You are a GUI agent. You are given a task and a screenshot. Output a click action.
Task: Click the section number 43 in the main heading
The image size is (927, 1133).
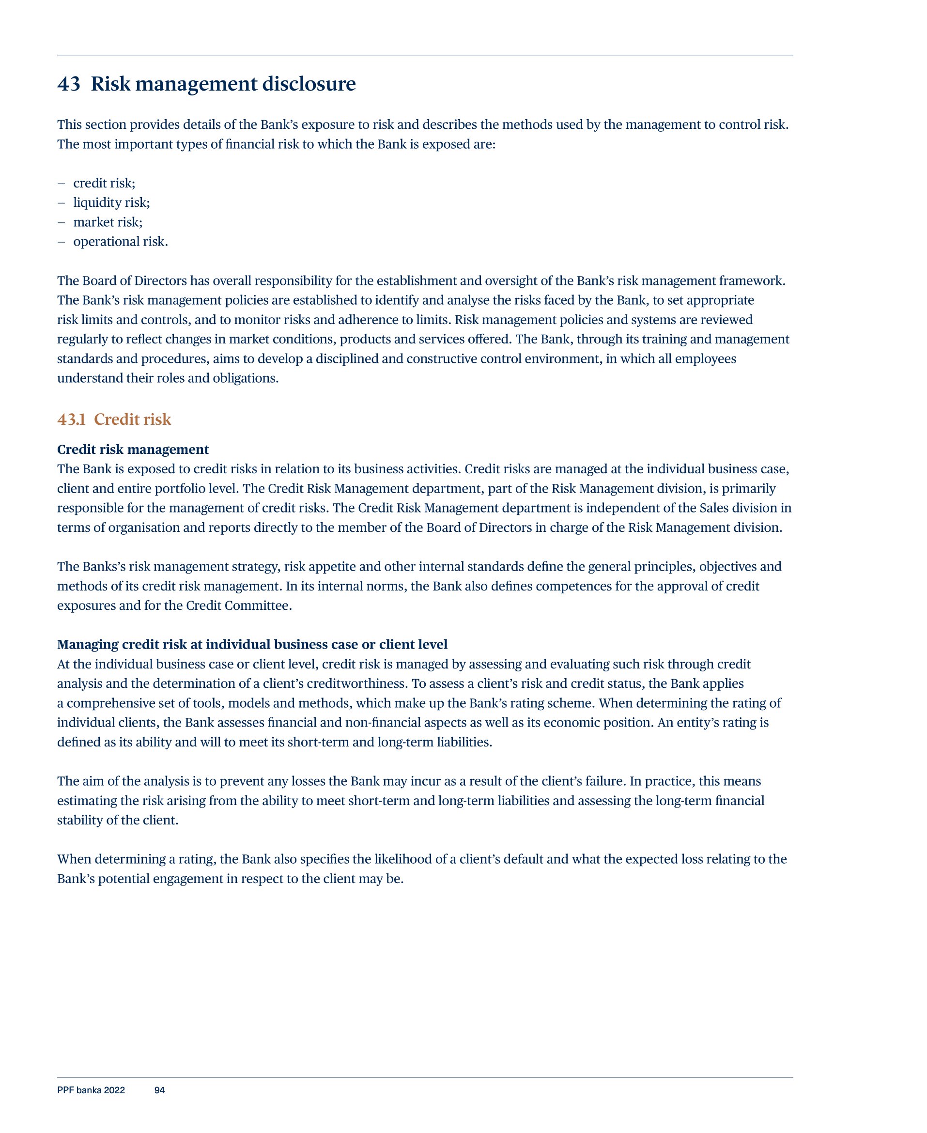pyautogui.click(x=69, y=84)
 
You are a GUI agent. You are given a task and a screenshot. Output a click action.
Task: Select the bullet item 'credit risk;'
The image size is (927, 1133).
pyautogui.click(x=104, y=183)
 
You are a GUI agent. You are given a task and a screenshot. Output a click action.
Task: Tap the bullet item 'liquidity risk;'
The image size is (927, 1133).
pyautogui.click(x=111, y=202)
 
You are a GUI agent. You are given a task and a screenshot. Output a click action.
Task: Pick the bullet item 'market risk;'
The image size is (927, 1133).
pyautogui.click(x=108, y=222)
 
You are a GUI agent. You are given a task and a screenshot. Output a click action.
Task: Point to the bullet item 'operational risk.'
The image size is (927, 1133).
pyautogui.click(x=121, y=241)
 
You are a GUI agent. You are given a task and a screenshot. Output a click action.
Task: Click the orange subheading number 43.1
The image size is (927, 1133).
pyautogui.click(x=72, y=419)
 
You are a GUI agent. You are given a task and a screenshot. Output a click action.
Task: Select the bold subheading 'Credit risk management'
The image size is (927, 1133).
pyautogui.click(x=133, y=449)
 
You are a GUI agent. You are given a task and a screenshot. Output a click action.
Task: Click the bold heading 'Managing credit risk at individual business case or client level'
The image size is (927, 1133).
pyautogui.click(x=252, y=644)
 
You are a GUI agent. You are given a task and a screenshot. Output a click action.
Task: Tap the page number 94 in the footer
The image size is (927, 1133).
pyautogui.click(x=160, y=1090)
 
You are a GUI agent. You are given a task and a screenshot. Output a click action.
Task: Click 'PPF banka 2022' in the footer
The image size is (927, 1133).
pyautogui.click(x=91, y=1090)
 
